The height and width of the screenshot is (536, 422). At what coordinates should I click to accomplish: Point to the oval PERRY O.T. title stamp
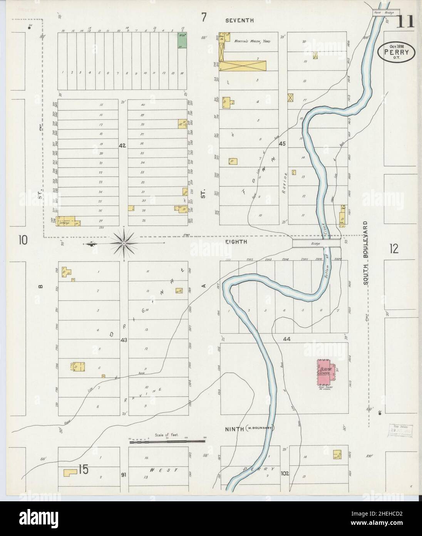(x=397, y=52)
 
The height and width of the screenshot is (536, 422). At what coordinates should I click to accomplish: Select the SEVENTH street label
(x=239, y=20)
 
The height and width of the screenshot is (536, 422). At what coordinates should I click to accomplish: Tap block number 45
(x=282, y=144)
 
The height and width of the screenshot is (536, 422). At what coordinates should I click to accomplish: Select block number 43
(x=124, y=340)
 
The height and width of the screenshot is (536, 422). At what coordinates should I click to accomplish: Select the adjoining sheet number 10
(x=23, y=241)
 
